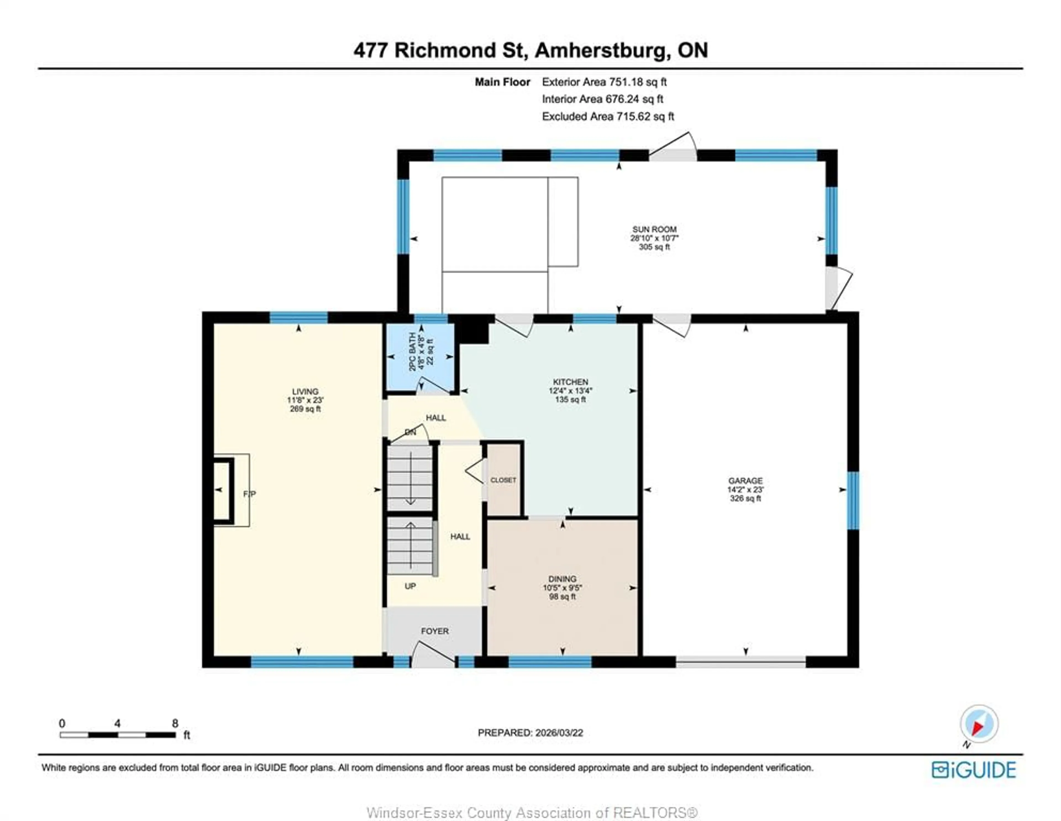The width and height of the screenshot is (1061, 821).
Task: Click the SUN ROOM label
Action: tap(654, 229)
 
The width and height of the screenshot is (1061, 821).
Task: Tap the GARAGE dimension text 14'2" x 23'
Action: tap(745, 490)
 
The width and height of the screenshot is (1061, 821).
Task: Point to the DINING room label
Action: tap(562, 579)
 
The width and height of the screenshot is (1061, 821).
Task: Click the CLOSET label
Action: tap(503, 480)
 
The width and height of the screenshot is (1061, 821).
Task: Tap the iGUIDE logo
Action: tap(974, 770)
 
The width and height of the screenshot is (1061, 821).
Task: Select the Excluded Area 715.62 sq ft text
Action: tap(608, 116)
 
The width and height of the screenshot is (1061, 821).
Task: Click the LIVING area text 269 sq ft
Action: tap(305, 409)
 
